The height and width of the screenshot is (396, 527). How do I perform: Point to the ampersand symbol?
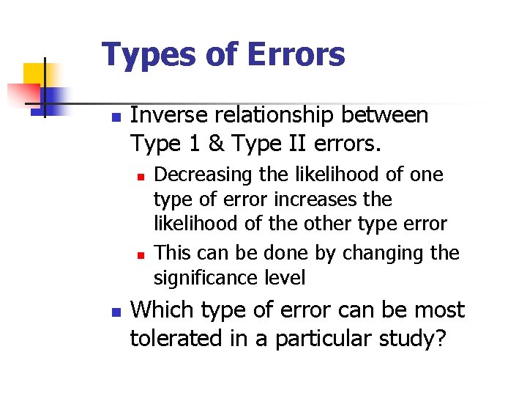(x=215, y=144)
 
